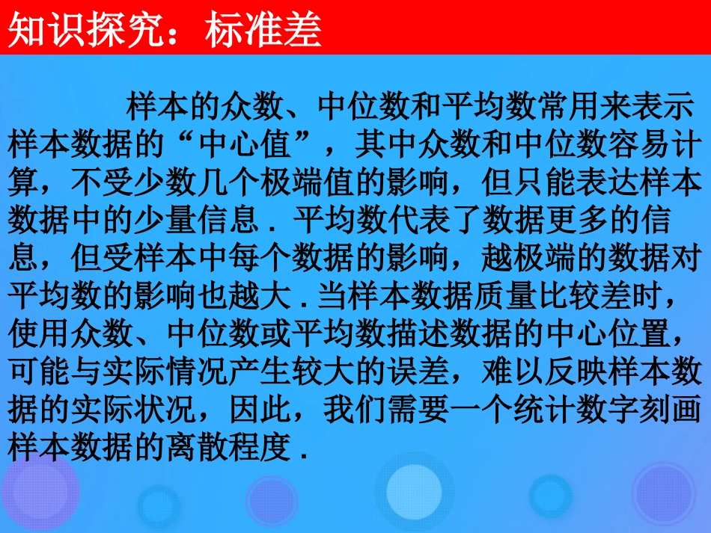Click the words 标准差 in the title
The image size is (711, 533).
pyautogui.click(x=261, y=31)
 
